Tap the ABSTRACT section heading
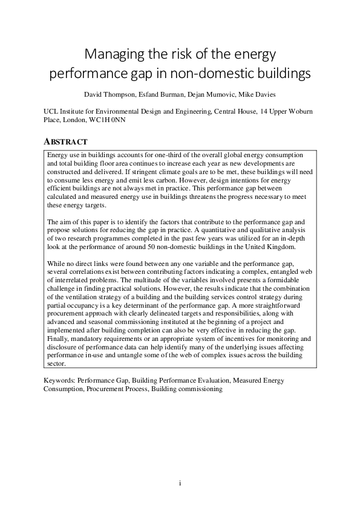point(66,141)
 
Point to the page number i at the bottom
point(180,483)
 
